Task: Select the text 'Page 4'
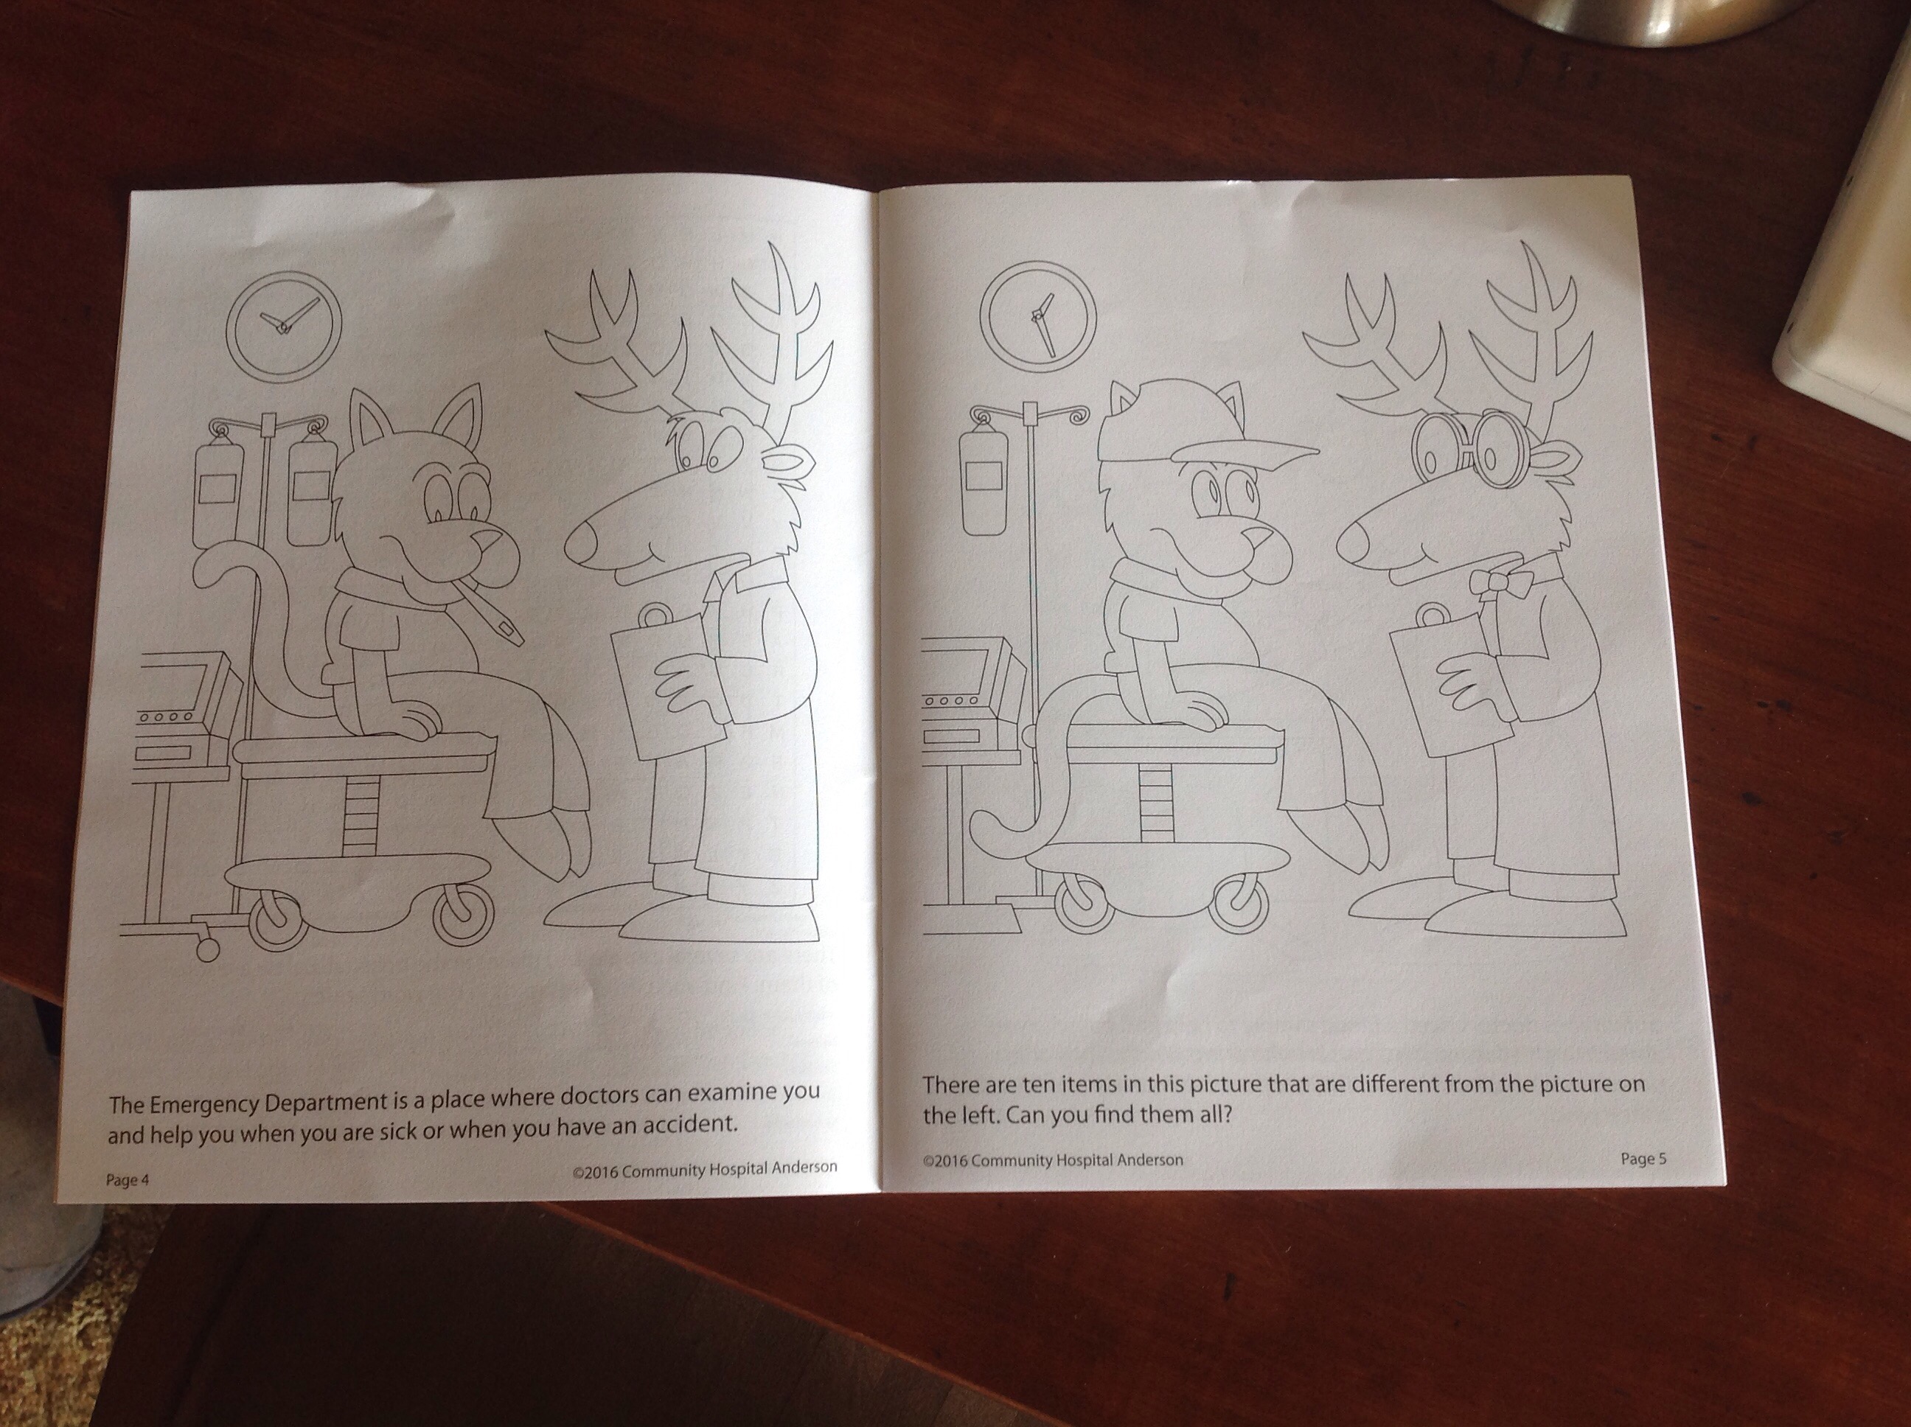click(128, 1179)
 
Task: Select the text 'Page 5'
click(1644, 1159)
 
